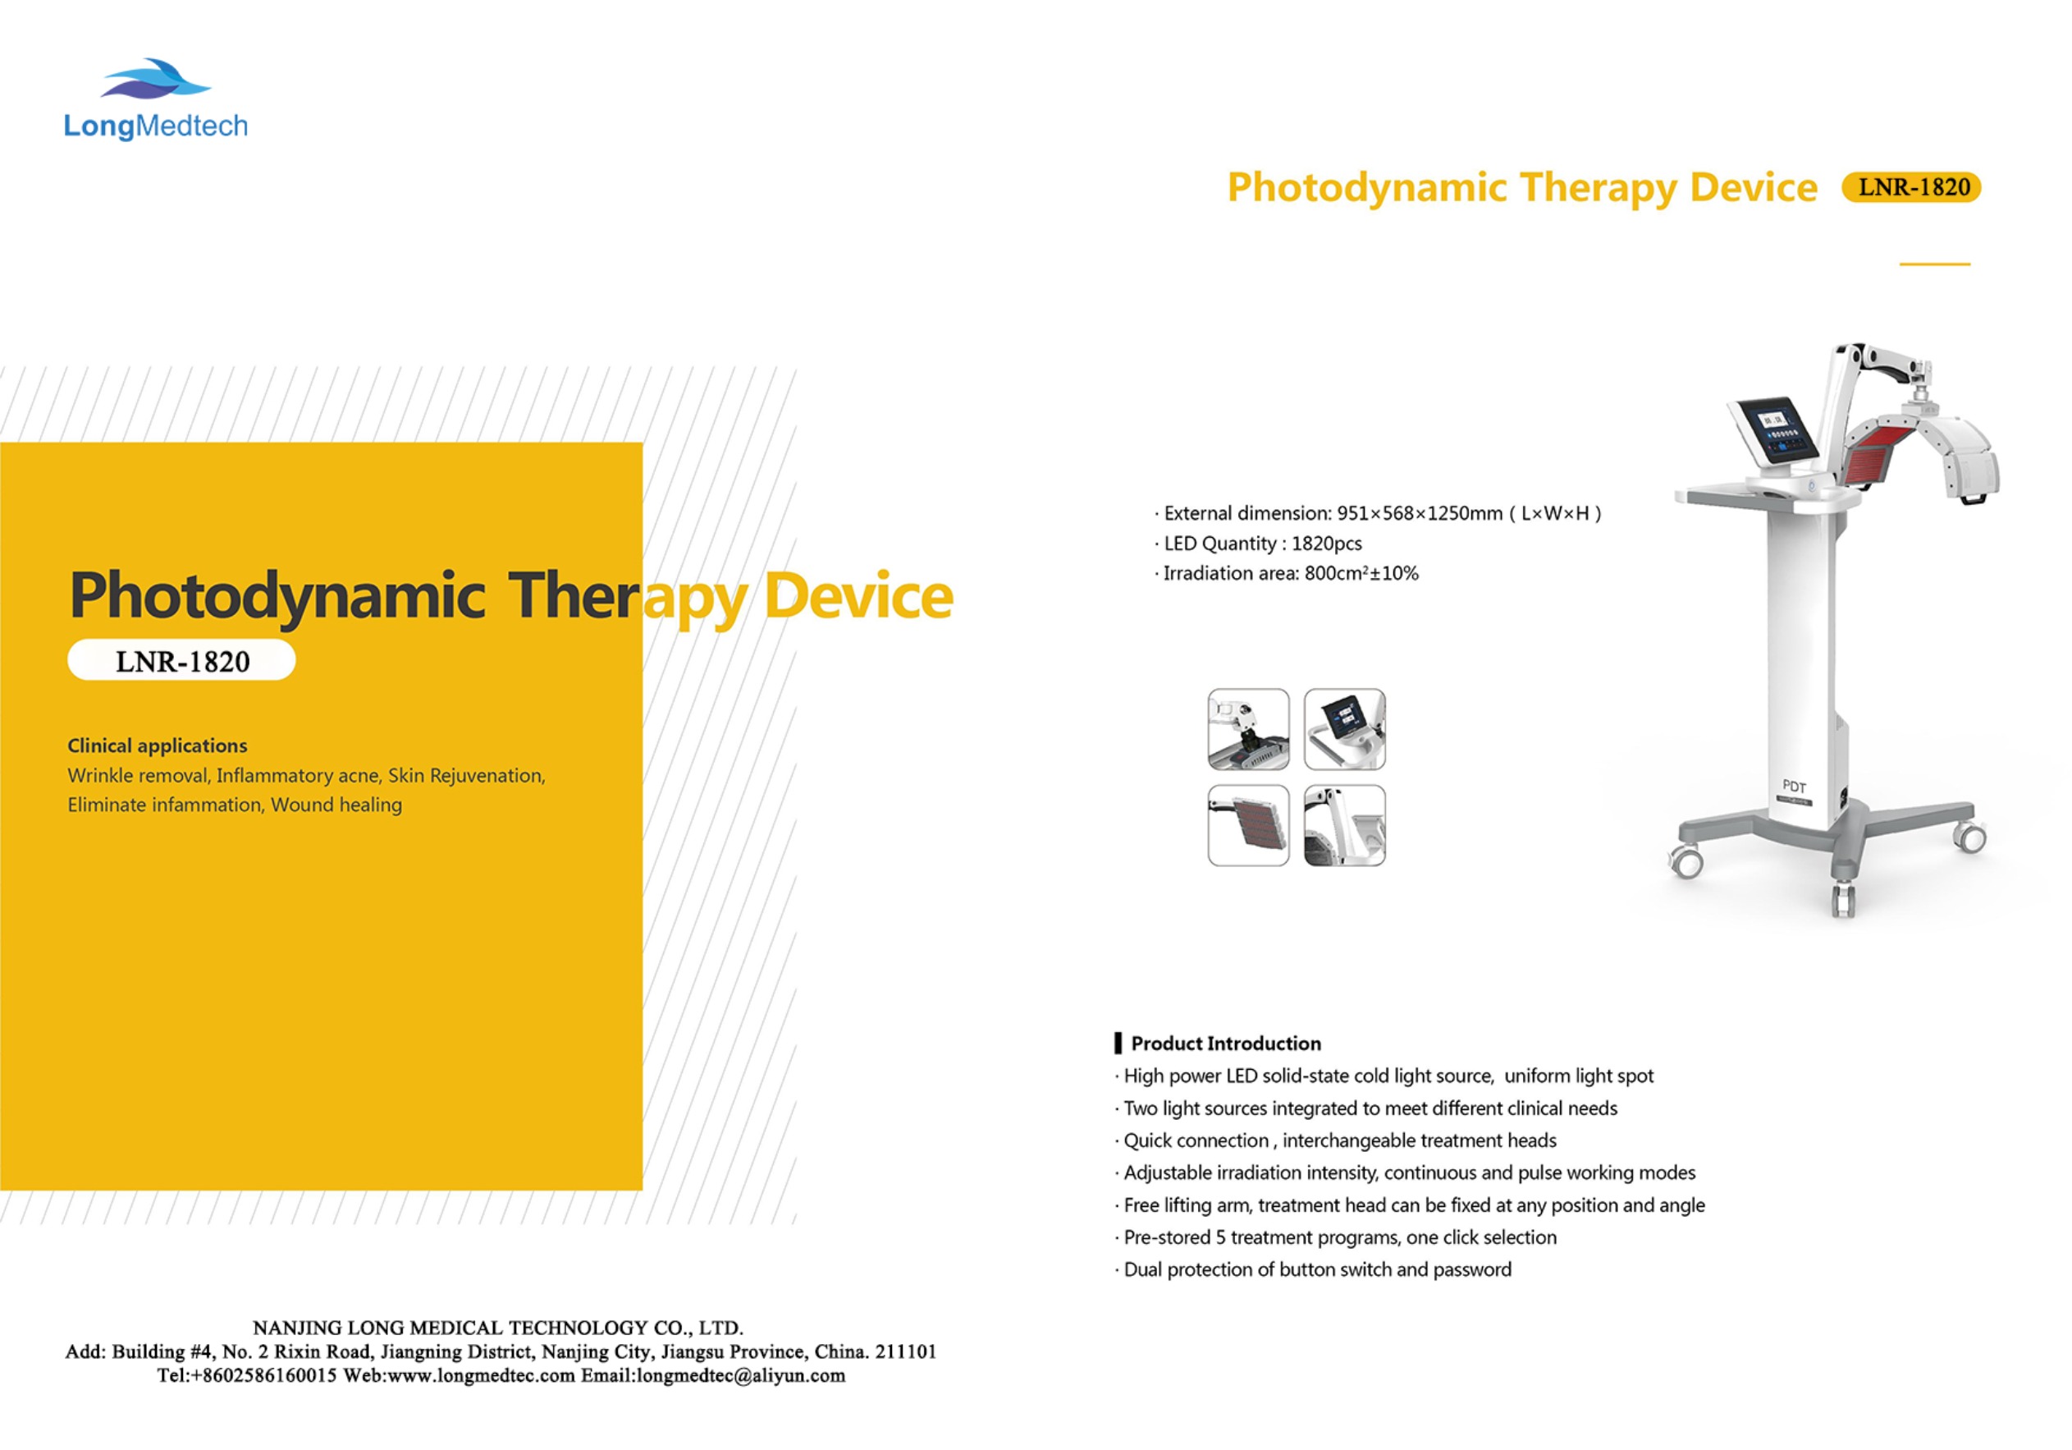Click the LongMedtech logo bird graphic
tap(155, 79)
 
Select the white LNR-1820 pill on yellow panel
tap(181, 661)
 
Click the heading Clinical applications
tap(157, 746)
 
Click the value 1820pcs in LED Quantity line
tap(1326, 544)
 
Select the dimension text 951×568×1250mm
tap(1419, 514)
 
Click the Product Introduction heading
tap(1224, 1044)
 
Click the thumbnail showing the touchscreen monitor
tap(1344, 729)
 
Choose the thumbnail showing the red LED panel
tap(1248, 825)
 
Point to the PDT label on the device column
tap(1794, 787)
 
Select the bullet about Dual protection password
tap(1317, 1269)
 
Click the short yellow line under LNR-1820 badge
tap(1934, 264)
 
